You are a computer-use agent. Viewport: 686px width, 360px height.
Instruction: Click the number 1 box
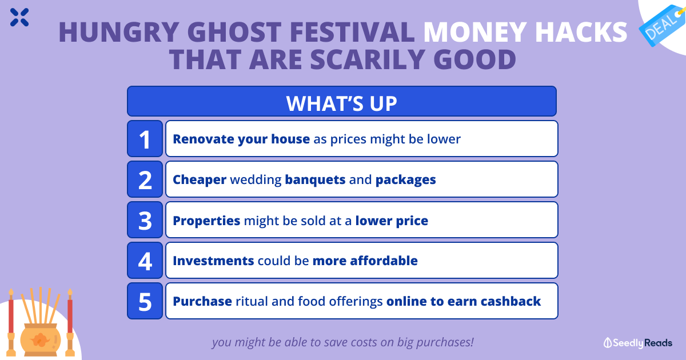pos(145,139)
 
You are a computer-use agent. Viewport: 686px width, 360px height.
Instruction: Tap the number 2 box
pos(145,179)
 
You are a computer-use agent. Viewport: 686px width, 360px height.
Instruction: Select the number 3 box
pos(145,220)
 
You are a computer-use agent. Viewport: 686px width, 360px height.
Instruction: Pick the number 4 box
pos(145,261)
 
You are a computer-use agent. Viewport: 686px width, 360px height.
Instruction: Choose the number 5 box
pos(145,301)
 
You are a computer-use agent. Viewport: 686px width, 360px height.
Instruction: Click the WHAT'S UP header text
pos(341,103)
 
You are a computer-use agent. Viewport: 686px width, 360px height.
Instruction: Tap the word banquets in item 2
pos(315,179)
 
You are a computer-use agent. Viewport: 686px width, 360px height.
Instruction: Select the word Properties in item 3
pos(206,221)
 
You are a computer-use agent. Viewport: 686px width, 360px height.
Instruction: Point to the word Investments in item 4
pos(213,261)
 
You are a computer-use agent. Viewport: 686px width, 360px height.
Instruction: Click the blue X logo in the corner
pos(19,18)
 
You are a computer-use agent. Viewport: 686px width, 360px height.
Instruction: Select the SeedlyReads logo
pos(637,343)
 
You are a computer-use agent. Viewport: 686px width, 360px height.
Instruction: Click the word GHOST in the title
pos(234,32)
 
